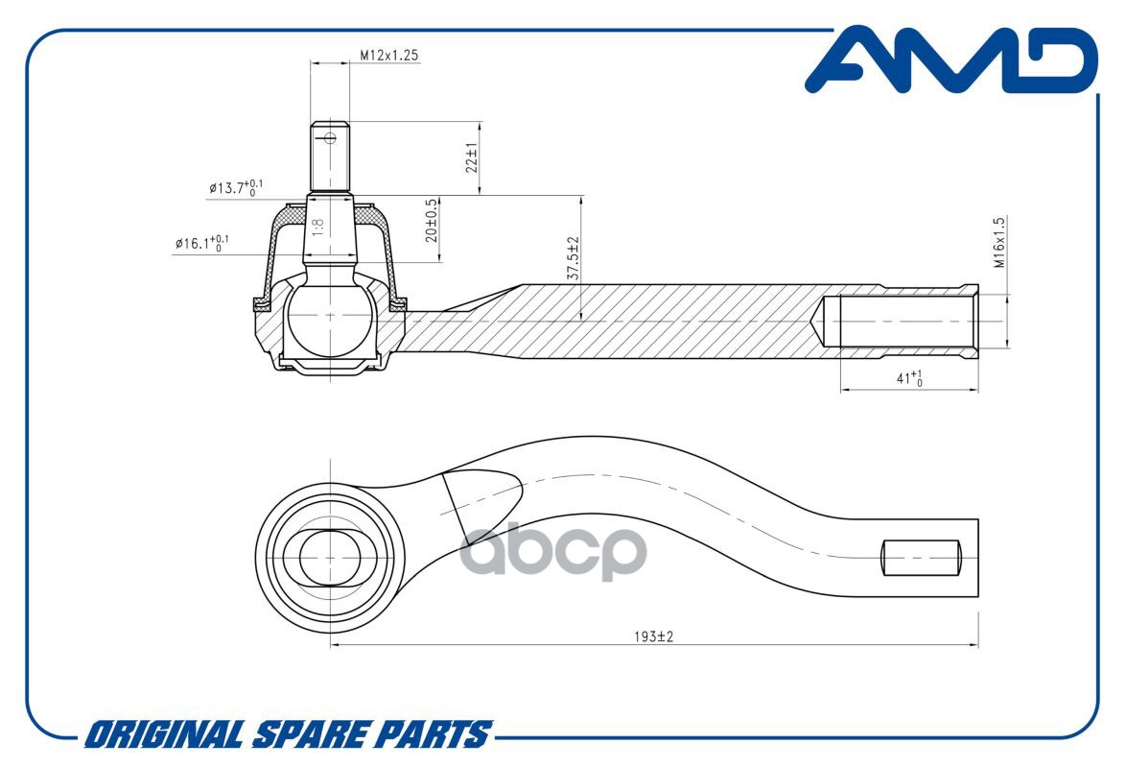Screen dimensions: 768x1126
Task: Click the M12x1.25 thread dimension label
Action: point(389,55)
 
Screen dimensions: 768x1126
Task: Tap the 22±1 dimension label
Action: point(471,158)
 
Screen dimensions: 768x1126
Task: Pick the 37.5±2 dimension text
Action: point(573,258)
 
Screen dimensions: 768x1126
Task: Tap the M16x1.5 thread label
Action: point(997,243)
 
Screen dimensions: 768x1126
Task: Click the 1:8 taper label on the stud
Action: point(318,228)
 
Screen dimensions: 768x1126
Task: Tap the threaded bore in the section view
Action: point(897,322)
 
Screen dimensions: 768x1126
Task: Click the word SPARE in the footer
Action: point(302,735)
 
